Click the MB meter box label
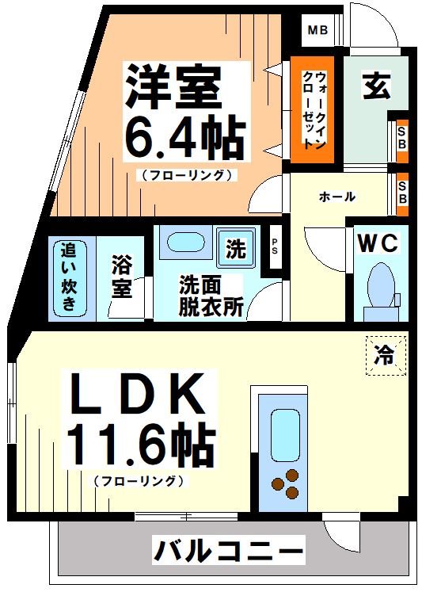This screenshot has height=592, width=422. [x=317, y=32]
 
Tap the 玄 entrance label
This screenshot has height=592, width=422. [x=377, y=86]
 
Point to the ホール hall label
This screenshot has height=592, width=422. [x=336, y=197]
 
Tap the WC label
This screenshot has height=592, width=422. [x=378, y=243]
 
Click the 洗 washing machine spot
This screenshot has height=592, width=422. [x=235, y=250]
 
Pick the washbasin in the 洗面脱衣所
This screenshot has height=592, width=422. [x=184, y=243]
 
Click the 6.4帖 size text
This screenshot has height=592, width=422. [x=184, y=139]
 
